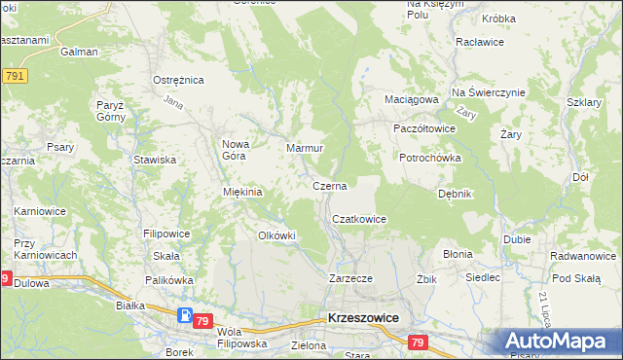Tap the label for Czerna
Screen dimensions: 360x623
click(329, 185)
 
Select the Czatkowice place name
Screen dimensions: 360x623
click(359, 220)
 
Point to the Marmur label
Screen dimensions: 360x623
click(304, 149)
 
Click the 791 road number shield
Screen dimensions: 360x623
click(14, 76)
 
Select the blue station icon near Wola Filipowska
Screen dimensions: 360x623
click(186, 315)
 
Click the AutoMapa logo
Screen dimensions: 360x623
click(561, 342)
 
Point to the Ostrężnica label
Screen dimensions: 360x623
click(176, 79)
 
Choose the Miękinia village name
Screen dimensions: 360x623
click(243, 192)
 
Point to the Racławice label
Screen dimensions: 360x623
click(479, 43)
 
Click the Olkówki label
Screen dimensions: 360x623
click(275, 235)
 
